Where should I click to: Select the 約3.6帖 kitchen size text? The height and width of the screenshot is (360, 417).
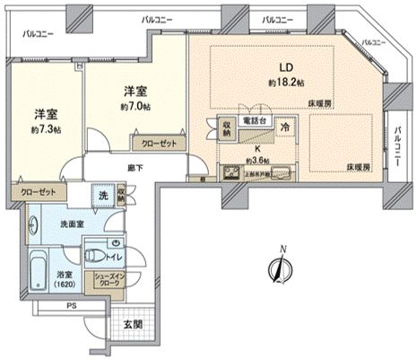pyautogui.click(x=259, y=162)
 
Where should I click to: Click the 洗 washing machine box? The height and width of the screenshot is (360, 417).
pyautogui.click(x=104, y=195)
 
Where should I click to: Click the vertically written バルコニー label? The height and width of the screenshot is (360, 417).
pyautogui.click(x=396, y=145)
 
